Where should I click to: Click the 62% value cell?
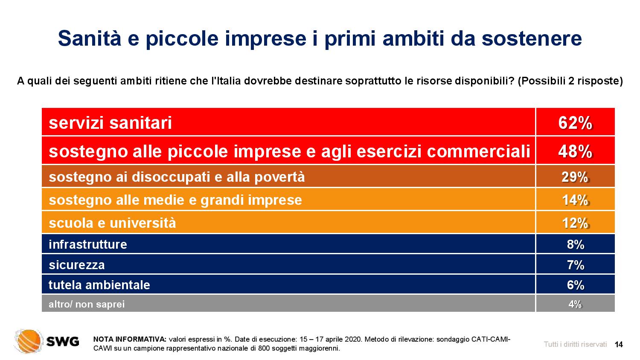pos(575,122)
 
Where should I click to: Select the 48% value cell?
pos(575,150)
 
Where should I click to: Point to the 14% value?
pos(575,200)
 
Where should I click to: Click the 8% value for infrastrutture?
pos(576,244)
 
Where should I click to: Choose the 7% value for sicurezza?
pos(576,264)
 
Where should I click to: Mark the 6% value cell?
pos(575,285)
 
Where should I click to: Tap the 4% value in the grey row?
pos(575,304)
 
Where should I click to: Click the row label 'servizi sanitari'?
pos(110,123)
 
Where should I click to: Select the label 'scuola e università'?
pos(112,223)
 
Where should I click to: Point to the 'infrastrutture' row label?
pos(88,244)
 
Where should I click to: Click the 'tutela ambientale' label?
pos(99,285)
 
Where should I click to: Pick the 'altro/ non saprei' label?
pos(87,304)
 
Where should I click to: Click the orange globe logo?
pos(28,341)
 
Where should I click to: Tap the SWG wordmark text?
pos(63,341)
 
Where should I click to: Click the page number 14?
pos(619,344)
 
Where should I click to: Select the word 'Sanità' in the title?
pos(90,38)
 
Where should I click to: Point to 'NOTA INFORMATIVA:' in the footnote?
pos(130,339)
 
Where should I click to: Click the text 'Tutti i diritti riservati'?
pos(575,344)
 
